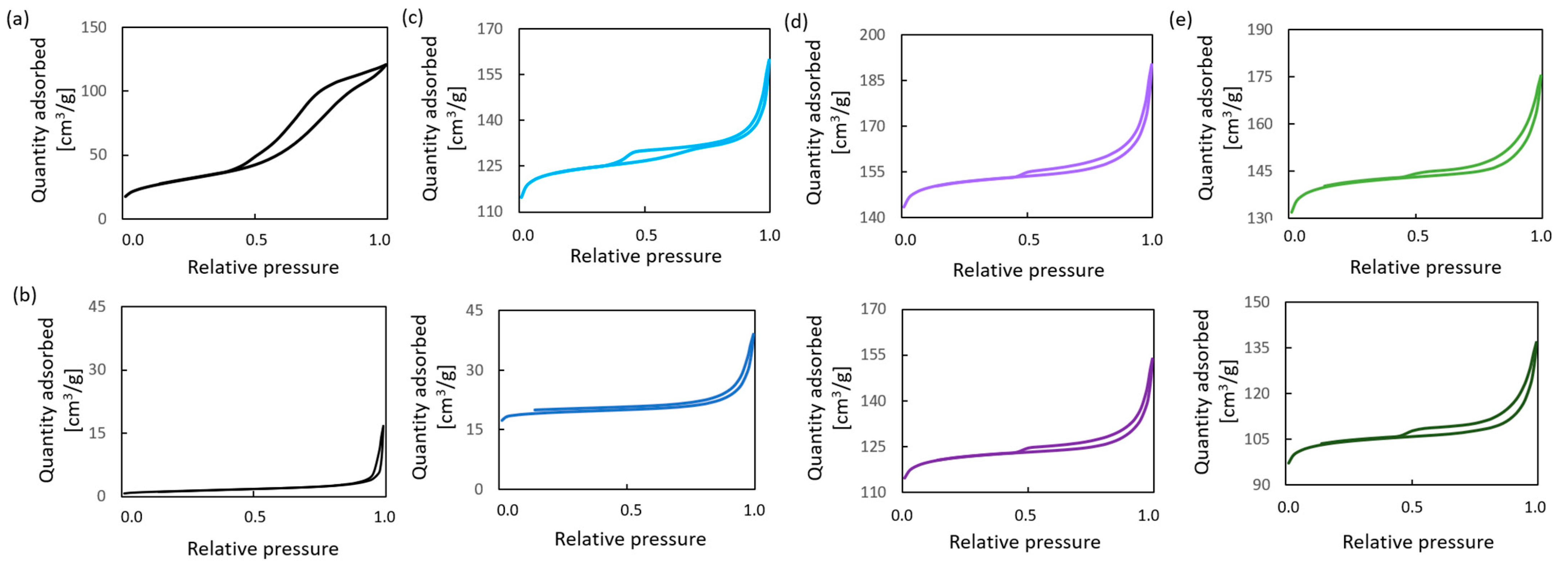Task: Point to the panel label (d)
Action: (795, 22)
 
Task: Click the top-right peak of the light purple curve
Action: (1152, 65)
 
